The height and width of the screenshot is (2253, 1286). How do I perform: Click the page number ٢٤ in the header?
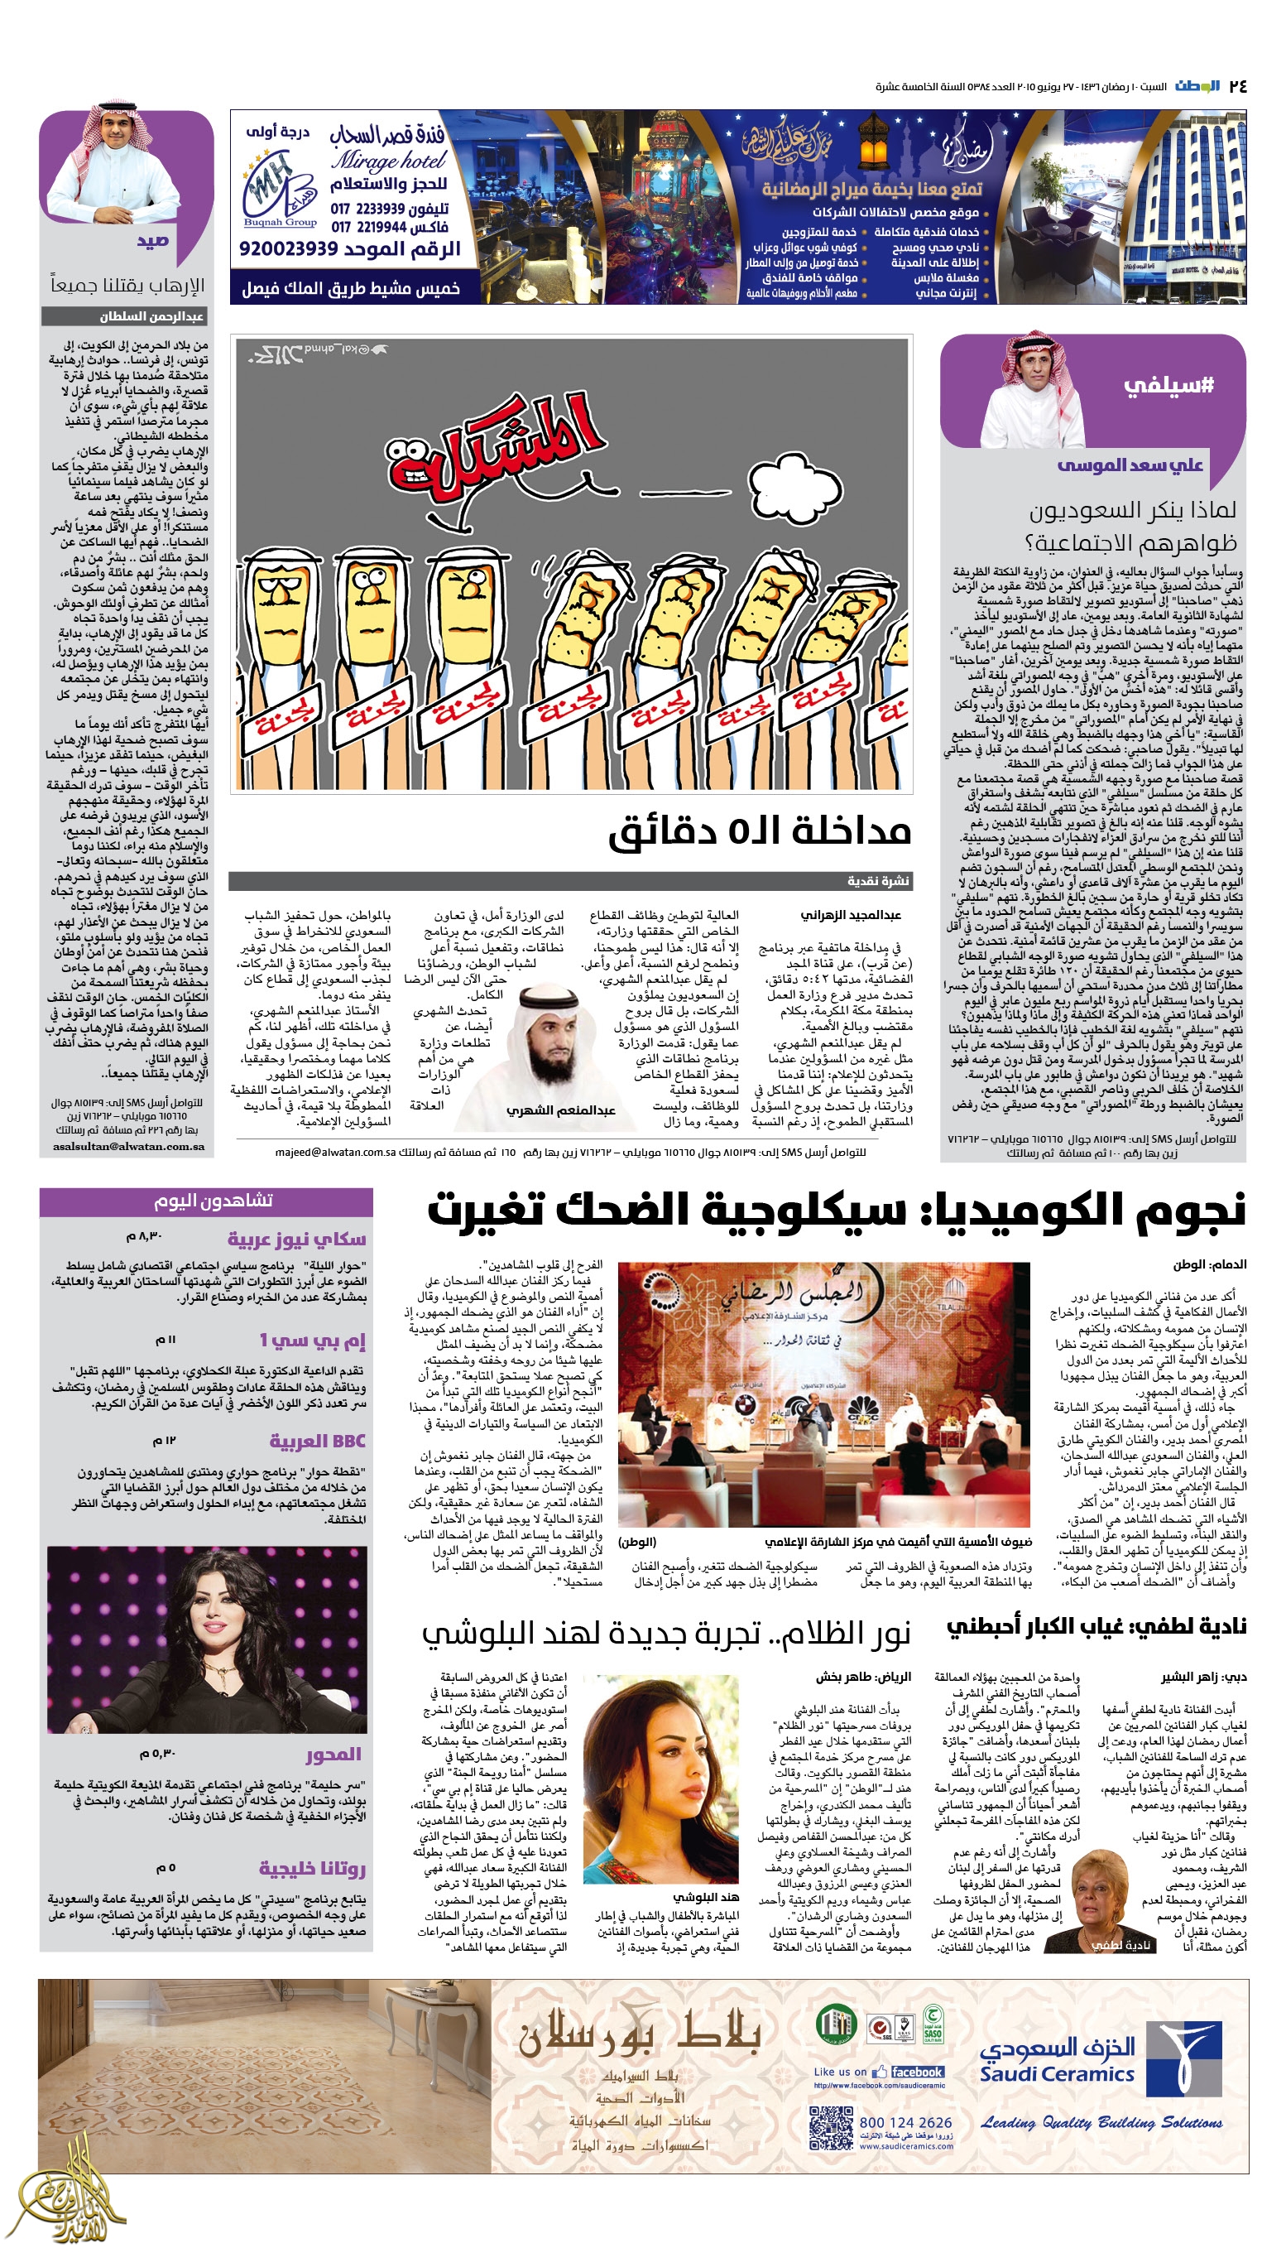click(1236, 86)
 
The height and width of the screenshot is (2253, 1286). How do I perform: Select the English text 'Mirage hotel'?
click(388, 161)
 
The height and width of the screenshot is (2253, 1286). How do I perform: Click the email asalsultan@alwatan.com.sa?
click(129, 1147)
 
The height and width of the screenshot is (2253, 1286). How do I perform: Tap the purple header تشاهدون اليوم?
click(213, 1201)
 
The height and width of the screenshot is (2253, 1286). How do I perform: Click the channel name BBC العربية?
click(317, 1441)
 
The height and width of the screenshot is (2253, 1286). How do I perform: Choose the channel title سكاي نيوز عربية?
click(297, 1238)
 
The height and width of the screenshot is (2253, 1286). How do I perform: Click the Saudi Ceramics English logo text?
click(1056, 2073)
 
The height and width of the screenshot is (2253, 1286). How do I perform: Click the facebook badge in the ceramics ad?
click(908, 2072)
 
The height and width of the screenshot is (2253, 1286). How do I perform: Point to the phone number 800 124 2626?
click(905, 2122)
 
